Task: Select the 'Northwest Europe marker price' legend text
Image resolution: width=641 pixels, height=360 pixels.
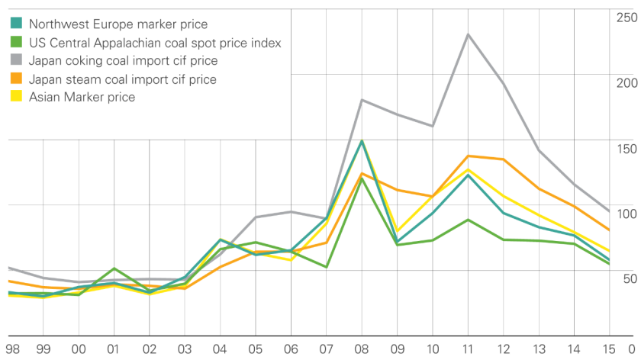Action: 118,25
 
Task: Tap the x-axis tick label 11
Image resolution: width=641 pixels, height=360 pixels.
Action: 467,349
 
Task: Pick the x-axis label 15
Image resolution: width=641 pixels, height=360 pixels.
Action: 607,349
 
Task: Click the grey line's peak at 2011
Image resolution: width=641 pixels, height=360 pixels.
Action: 467,34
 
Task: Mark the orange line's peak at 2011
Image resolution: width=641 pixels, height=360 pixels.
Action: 467,156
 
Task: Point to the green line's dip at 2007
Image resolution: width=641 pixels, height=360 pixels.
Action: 326,267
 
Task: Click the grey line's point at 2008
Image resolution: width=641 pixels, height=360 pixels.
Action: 361,100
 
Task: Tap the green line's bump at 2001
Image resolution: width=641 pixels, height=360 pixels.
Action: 114,268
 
